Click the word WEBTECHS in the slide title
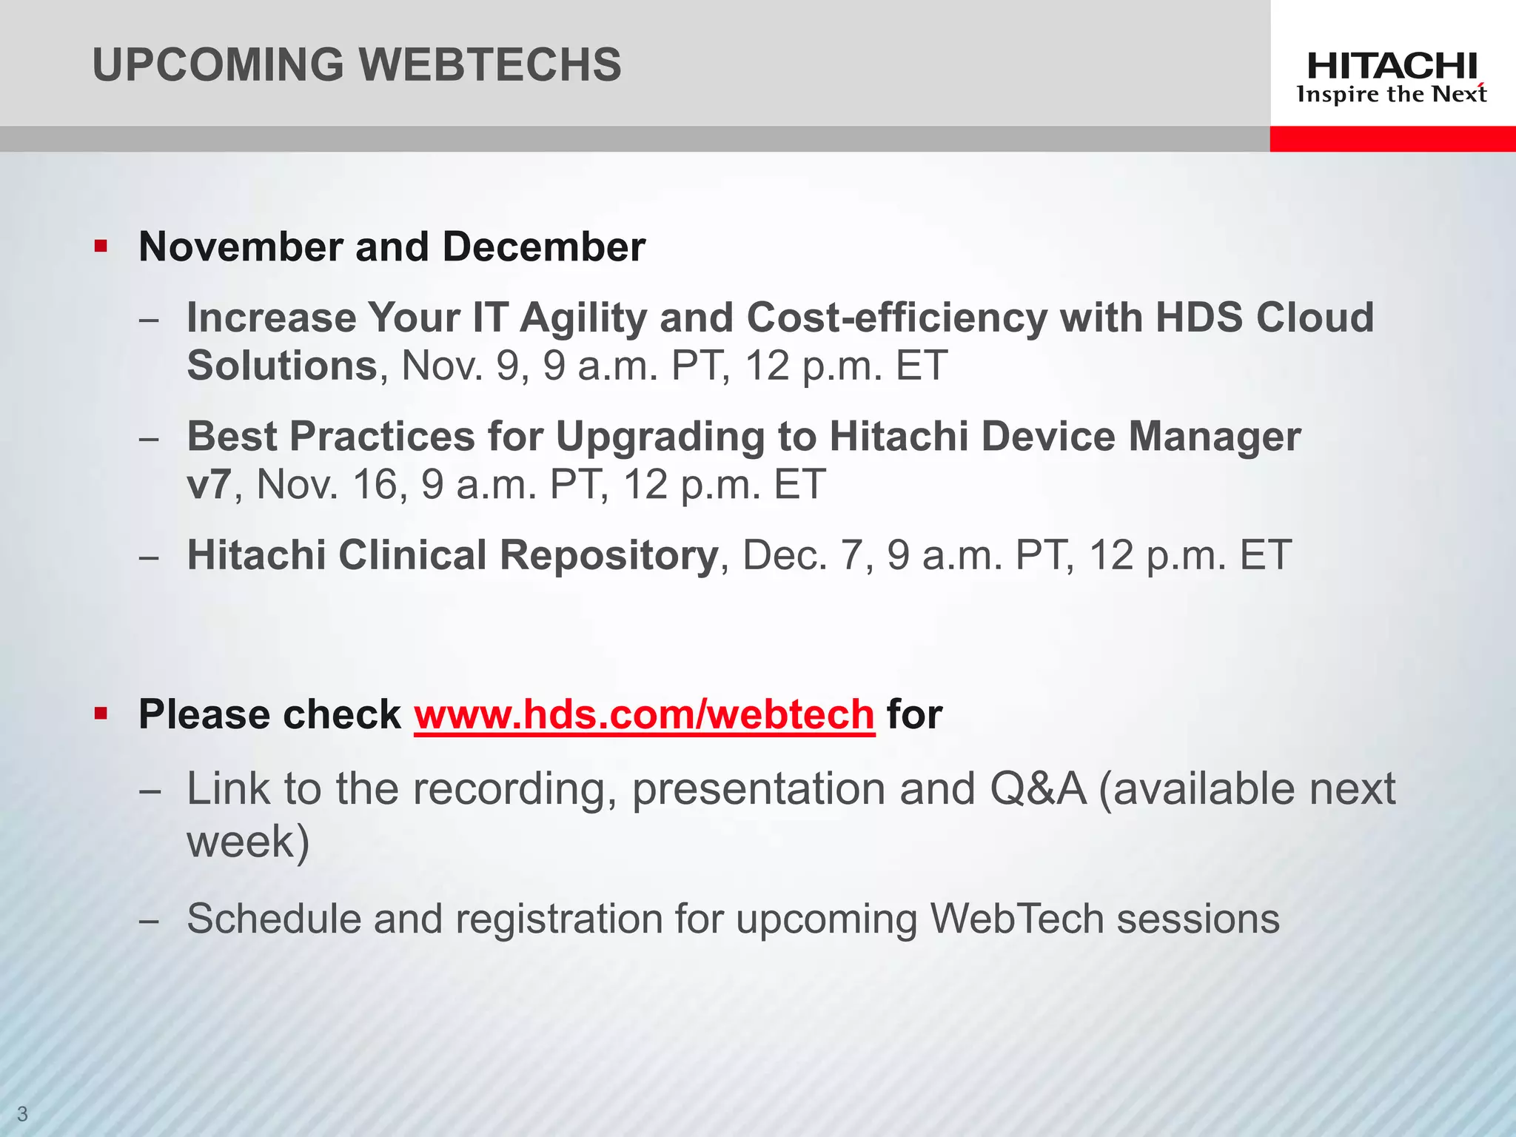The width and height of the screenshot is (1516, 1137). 490,64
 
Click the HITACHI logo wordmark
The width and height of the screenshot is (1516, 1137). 1392,67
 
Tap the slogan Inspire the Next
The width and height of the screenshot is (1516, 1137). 1392,95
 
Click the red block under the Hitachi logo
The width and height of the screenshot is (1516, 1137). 1392,138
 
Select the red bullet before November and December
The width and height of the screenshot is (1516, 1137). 101,246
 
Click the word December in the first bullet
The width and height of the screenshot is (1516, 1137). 543,246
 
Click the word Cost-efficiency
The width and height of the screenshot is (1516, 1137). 897,318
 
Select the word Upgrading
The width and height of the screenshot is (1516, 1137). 660,437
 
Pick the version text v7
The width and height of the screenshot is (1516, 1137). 209,485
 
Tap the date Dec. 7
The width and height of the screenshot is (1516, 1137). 802,555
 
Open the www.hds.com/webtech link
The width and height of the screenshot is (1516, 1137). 644,715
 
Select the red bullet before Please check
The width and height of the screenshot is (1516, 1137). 101,714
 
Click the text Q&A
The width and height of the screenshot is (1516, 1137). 1038,789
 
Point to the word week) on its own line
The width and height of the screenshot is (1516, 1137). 248,842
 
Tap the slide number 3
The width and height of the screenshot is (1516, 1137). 22,1113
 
